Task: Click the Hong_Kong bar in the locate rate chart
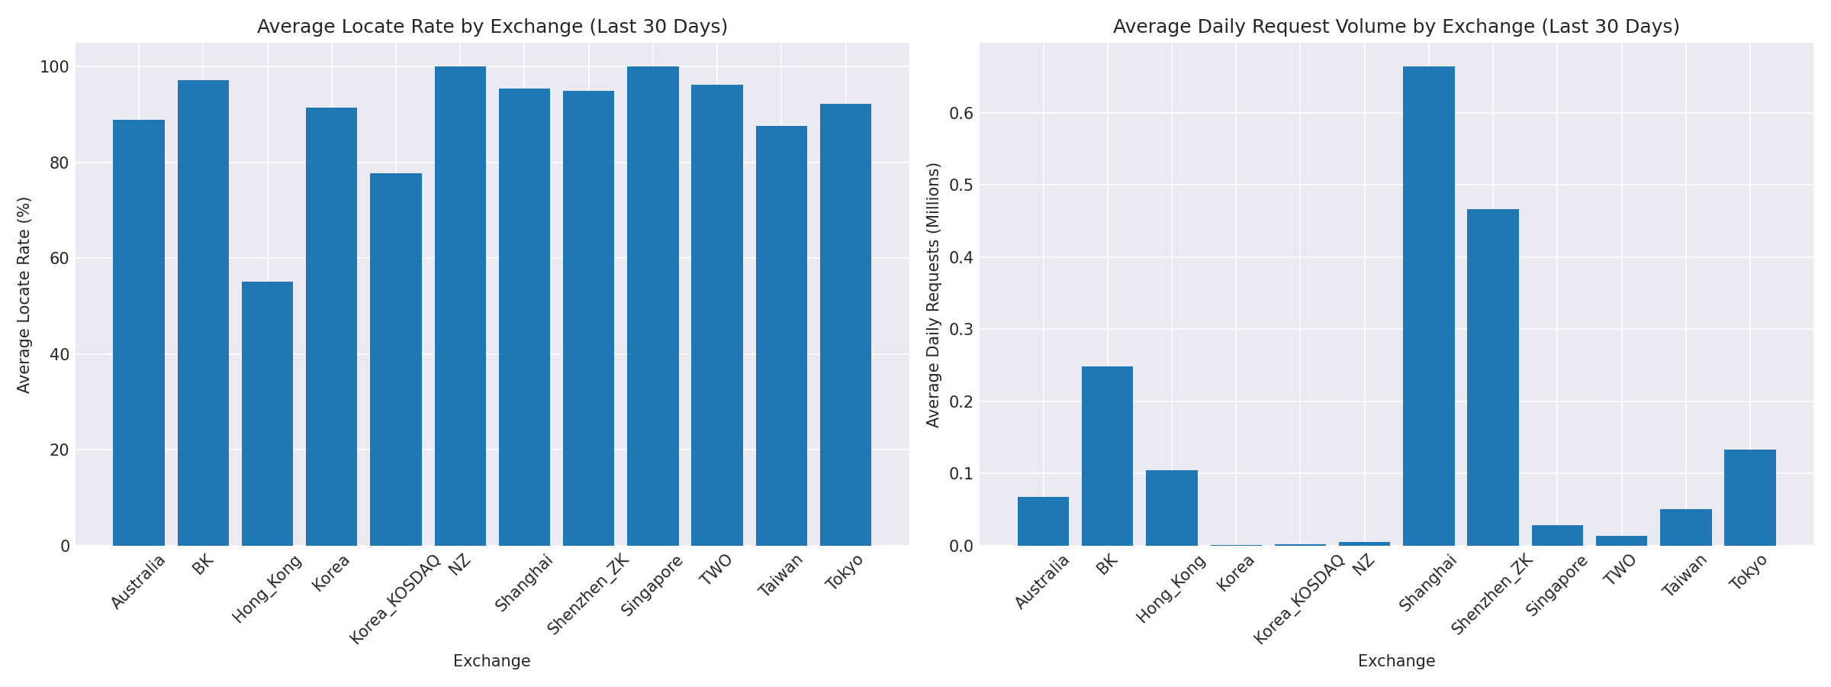[267, 413]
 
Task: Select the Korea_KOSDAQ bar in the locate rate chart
[395, 359]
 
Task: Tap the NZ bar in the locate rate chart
[460, 305]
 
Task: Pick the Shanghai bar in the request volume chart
[1428, 305]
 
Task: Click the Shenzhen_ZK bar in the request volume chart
[1492, 377]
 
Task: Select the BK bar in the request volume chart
[1107, 456]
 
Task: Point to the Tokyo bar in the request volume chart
[1749, 497]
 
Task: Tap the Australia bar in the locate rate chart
[139, 332]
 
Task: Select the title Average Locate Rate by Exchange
[492, 27]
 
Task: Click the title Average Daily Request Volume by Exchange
[1396, 27]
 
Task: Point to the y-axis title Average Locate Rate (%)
[24, 295]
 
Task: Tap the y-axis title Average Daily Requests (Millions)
[933, 295]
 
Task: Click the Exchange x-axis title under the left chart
[492, 662]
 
